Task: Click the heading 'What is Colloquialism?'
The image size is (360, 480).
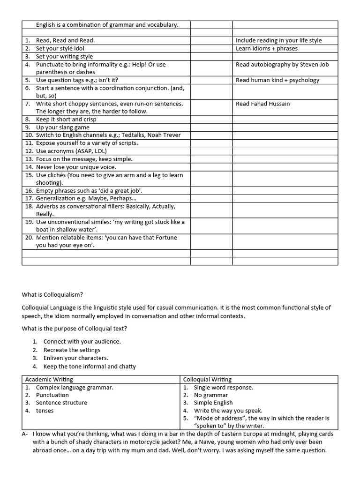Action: point(52,294)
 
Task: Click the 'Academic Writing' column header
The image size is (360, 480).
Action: point(49,379)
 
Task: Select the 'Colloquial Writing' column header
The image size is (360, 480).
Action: point(207,379)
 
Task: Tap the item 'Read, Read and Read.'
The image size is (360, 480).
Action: point(65,40)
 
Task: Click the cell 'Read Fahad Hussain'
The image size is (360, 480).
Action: point(262,104)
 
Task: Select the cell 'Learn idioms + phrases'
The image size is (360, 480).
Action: point(266,48)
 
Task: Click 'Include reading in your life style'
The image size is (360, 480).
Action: point(278,40)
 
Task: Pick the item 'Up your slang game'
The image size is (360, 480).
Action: point(62,127)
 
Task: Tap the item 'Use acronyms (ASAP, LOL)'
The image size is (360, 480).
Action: point(71,151)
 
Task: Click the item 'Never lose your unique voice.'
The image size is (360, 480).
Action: point(76,167)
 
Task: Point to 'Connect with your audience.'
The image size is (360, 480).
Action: point(82,342)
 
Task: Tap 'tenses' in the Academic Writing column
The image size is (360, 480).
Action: point(45,411)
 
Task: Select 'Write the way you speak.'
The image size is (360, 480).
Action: point(228,411)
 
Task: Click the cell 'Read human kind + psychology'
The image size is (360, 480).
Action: point(277,80)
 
